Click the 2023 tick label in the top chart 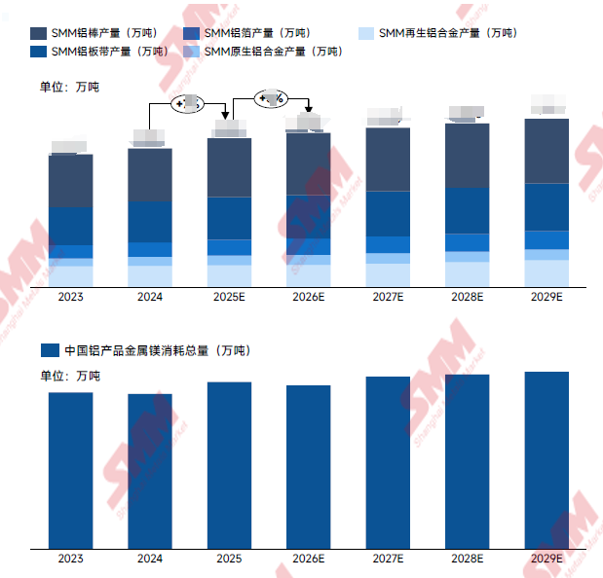(x=70, y=297)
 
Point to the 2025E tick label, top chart (x=230, y=297)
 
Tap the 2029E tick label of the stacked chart (x=546, y=297)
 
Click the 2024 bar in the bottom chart (x=150, y=471)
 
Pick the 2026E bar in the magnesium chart (x=309, y=467)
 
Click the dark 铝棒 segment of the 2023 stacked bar (x=70, y=181)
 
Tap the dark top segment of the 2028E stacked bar (x=468, y=156)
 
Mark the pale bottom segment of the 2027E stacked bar (x=388, y=275)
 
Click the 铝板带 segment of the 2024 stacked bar (x=150, y=222)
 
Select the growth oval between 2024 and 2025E (x=188, y=103)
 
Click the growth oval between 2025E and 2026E (x=270, y=97)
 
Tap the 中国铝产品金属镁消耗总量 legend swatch (x=48, y=350)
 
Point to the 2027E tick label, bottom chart (x=388, y=559)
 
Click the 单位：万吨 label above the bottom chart (x=69, y=375)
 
